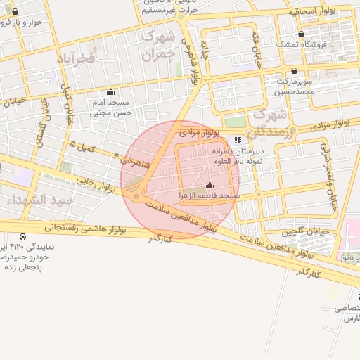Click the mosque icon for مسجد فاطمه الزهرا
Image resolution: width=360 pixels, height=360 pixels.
click(x=209, y=185)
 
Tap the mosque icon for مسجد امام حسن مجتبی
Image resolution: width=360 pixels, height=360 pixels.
click(x=110, y=91)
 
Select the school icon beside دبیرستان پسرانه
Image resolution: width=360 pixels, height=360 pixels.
click(x=237, y=141)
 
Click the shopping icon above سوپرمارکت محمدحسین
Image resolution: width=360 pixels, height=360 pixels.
click(x=293, y=70)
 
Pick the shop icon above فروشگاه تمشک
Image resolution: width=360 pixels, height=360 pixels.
click(x=301, y=34)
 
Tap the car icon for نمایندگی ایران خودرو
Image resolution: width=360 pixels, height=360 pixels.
click(x=24, y=237)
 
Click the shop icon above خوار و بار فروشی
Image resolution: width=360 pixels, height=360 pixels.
click(x=15, y=11)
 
